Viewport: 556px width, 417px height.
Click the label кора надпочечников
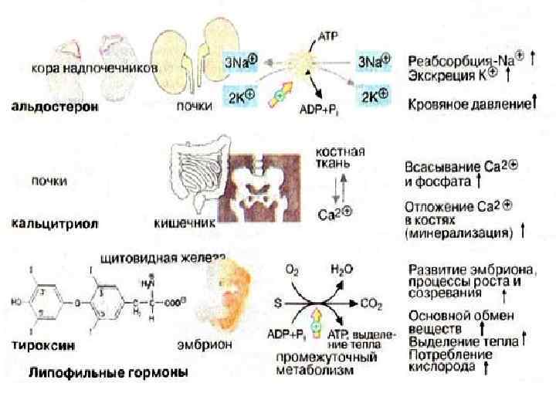pos(94,68)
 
